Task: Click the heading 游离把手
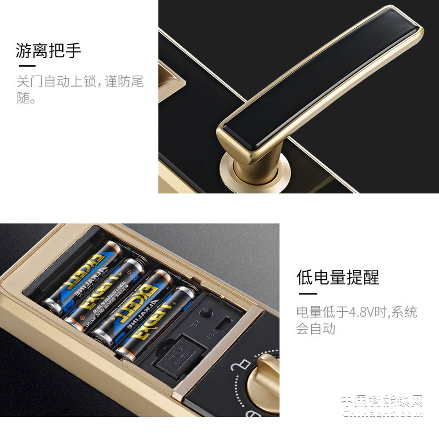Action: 48,52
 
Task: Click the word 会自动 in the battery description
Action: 316,329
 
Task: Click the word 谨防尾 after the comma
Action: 123,82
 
